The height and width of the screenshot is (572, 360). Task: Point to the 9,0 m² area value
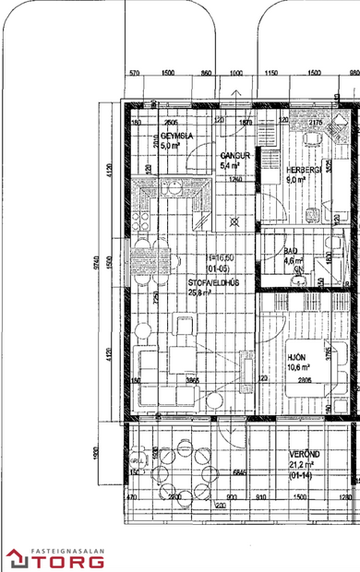tap(295, 181)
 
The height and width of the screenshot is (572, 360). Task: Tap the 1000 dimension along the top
tap(236, 73)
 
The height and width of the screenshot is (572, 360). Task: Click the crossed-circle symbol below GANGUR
tap(234, 222)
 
